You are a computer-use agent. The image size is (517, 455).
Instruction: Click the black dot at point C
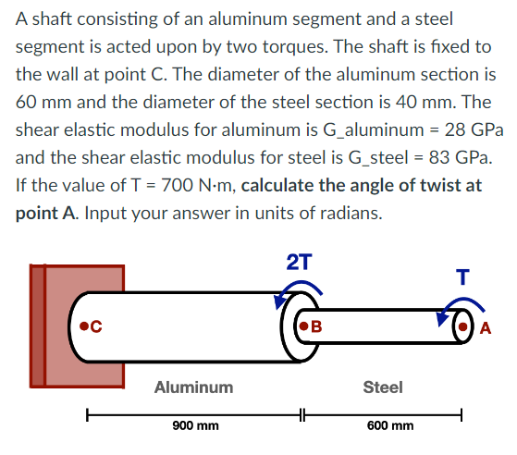click(x=84, y=326)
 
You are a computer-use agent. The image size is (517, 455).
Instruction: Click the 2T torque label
click(x=299, y=262)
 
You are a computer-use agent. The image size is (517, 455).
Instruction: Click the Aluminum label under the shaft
click(x=194, y=387)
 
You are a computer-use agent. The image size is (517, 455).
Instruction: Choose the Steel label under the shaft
click(x=383, y=387)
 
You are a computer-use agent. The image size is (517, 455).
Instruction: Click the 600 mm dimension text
click(x=390, y=427)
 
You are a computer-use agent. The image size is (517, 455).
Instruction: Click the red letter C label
click(x=97, y=326)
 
